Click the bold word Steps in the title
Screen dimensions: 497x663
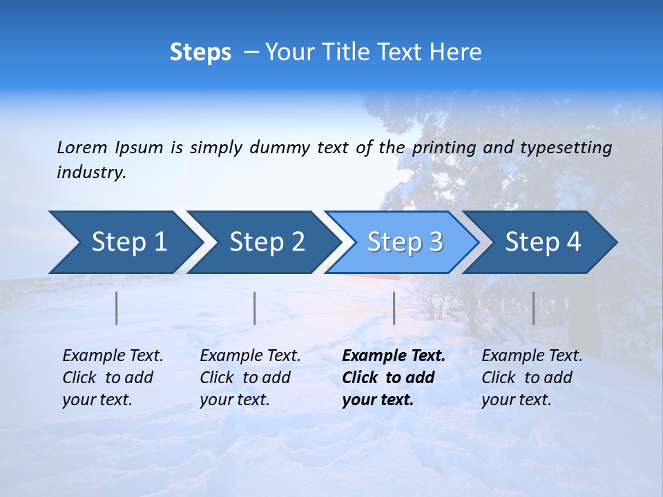click(200, 52)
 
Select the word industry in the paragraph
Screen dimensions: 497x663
click(91, 173)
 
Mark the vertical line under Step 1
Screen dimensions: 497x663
click(117, 308)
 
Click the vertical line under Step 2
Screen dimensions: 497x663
click(255, 308)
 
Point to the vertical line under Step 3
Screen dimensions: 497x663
click(394, 308)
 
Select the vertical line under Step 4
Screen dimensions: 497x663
click(533, 308)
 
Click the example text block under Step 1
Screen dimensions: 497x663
click(113, 378)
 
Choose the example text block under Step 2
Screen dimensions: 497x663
click(250, 378)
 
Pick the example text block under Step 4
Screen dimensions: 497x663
click(532, 378)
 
